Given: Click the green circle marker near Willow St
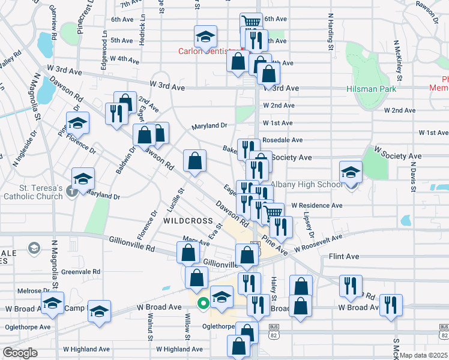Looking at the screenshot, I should [x=203, y=303].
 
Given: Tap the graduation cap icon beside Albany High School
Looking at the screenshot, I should [x=351, y=173].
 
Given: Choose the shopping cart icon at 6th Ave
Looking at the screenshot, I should [x=252, y=22].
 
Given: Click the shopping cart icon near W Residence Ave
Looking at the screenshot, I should [x=274, y=212].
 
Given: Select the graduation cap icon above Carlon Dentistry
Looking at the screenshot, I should [x=205, y=37].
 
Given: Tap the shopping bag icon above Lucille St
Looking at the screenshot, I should [x=194, y=161].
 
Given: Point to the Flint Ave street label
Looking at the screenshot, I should [x=344, y=257].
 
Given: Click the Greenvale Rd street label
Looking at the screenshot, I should [x=80, y=271].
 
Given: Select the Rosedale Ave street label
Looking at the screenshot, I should [x=282, y=140].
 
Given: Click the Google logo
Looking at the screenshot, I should [x=20, y=353].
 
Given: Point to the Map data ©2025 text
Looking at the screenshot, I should [x=423, y=355].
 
